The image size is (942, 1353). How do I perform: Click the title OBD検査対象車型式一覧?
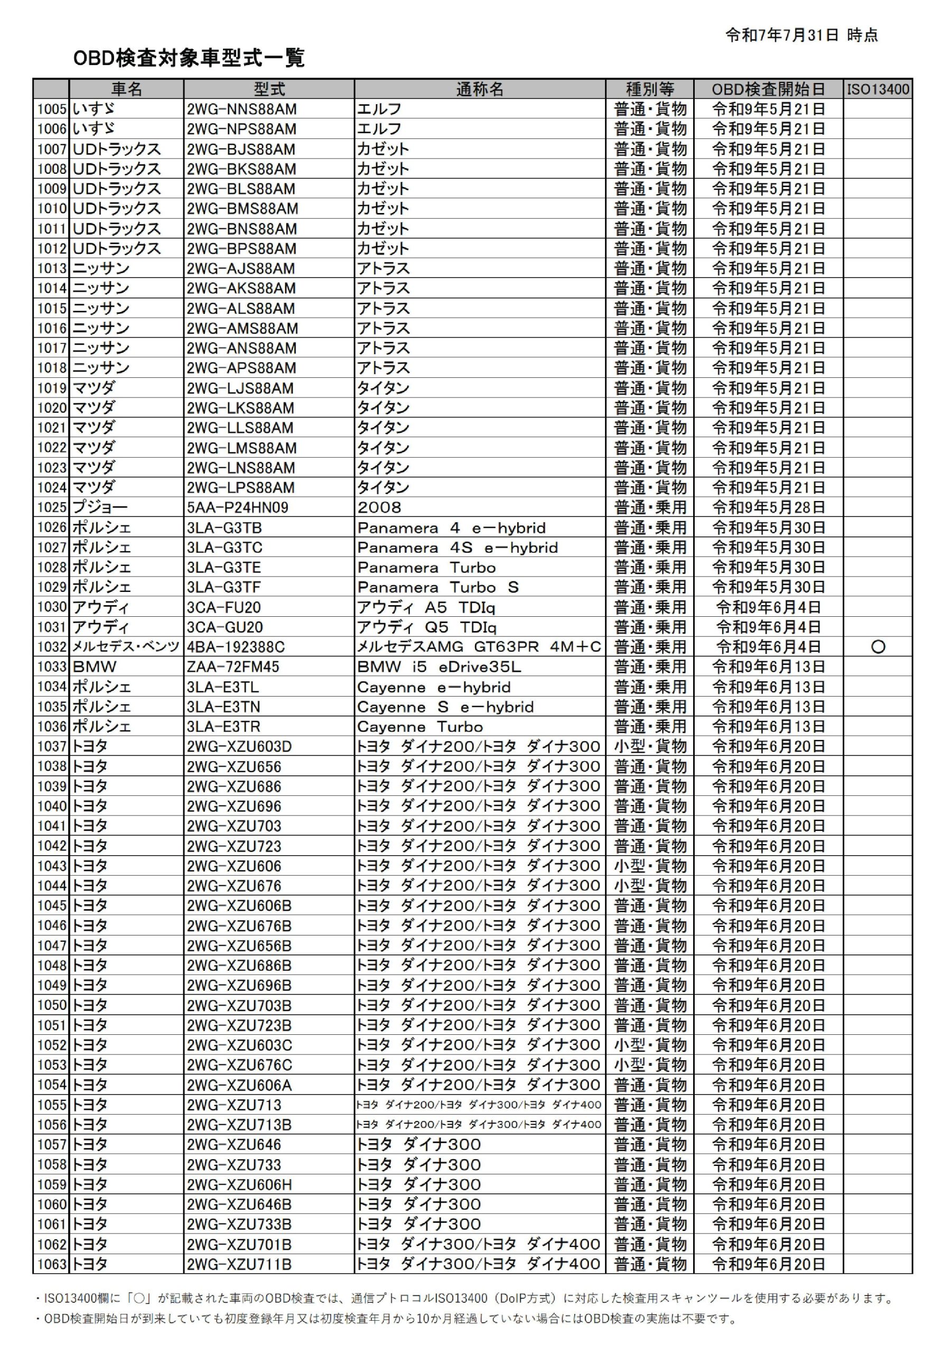pos(189,58)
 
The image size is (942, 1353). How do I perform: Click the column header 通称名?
pos(480,89)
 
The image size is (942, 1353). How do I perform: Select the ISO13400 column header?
pos(878,89)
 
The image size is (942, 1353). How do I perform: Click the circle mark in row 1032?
pos(878,646)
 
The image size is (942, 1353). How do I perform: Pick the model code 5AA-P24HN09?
pos(237,507)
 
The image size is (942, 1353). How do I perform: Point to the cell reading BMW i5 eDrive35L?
pos(439,666)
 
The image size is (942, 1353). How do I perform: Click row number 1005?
pos(52,109)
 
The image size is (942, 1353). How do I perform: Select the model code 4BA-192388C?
pos(236,647)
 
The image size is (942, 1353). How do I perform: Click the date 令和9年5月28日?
pos(768,507)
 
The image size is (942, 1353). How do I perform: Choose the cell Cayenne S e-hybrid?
pos(445,707)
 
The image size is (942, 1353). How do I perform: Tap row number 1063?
pos(52,1264)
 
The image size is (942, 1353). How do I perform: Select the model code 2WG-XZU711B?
pos(239,1264)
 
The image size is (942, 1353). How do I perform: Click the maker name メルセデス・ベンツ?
pos(126,647)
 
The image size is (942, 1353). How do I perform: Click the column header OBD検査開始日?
pos(768,89)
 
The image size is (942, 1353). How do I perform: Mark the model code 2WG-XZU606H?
pos(239,1184)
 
